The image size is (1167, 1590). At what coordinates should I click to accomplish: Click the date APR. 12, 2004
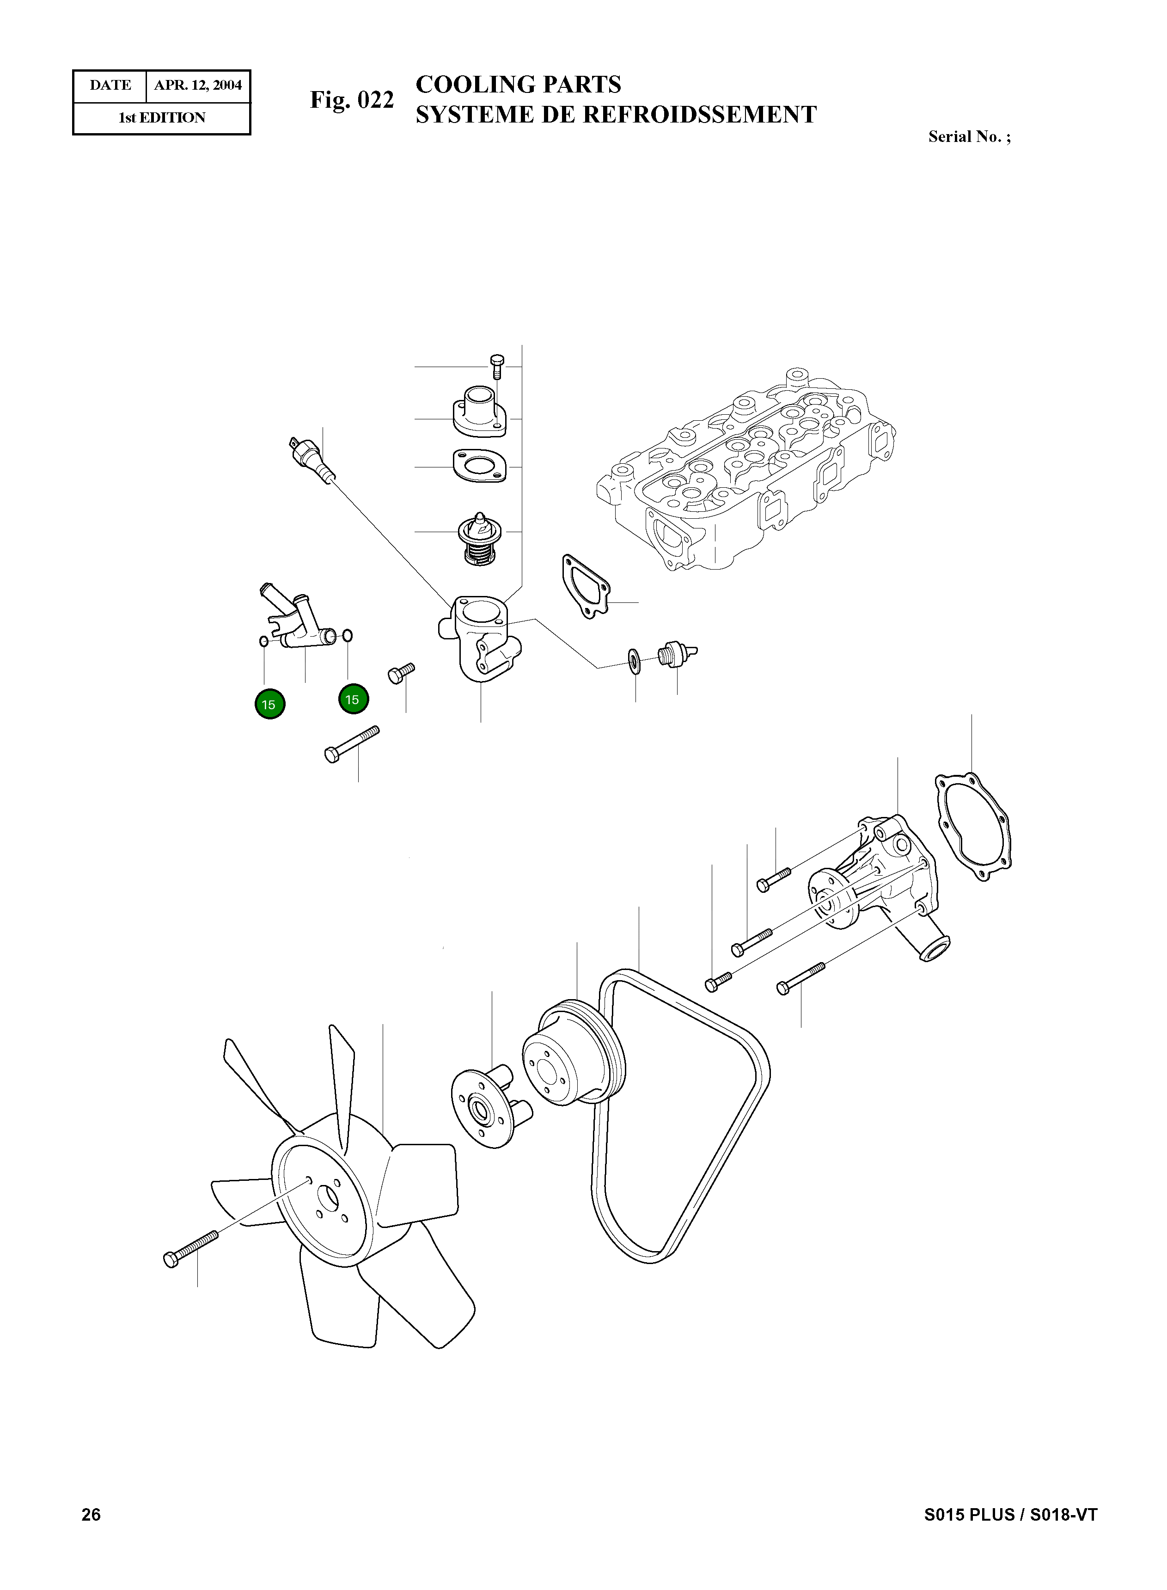pos(198,86)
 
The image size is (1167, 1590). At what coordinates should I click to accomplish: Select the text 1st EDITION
pos(162,118)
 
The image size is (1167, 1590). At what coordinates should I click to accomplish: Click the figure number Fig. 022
pos(352,100)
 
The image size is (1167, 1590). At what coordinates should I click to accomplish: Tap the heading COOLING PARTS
pos(518,85)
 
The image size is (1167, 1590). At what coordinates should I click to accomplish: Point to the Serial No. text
pos(969,137)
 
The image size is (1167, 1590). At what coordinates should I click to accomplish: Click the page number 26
pos(91,1514)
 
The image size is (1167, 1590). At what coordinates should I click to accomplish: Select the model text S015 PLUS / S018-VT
pos(1010,1514)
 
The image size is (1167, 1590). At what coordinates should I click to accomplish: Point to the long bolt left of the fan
pos(191,1247)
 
